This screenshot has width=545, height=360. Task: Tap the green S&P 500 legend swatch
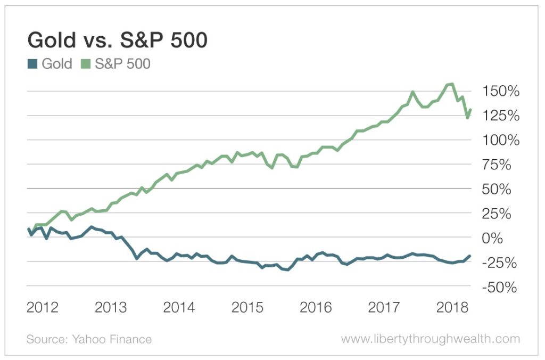pyautogui.click(x=86, y=64)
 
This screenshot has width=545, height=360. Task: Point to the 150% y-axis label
pyautogui.click(x=500, y=92)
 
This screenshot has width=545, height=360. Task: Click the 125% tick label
pyautogui.click(x=500, y=116)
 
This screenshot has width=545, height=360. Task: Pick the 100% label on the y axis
pyautogui.click(x=500, y=141)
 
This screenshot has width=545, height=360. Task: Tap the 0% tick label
pyautogui.click(x=493, y=238)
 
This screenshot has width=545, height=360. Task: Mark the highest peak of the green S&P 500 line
pyautogui.click(x=451, y=84)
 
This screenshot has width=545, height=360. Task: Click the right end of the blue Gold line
pyautogui.click(x=470, y=256)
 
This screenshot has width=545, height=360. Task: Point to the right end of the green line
pyautogui.click(x=470, y=110)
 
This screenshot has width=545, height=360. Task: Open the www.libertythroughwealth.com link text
pyautogui.click(x=430, y=339)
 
